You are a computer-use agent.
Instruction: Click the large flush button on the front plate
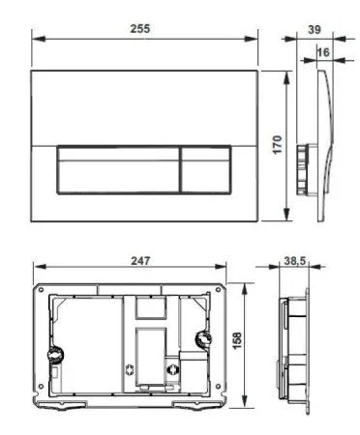(x=117, y=171)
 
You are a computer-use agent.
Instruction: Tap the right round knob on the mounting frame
(x=205, y=340)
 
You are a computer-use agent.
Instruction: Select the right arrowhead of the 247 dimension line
(x=227, y=271)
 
